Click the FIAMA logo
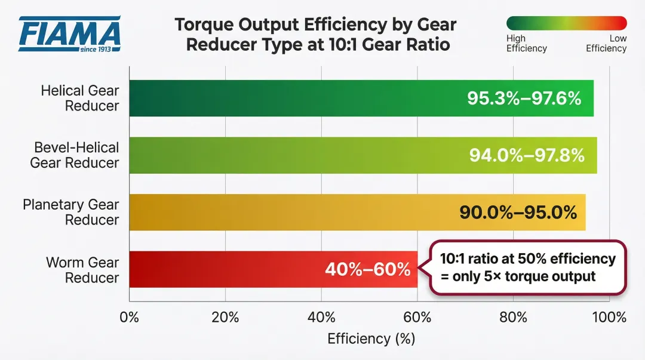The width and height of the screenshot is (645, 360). (x=69, y=33)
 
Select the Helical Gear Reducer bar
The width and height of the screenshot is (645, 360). (x=299, y=99)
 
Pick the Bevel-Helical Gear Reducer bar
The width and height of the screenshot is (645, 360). (x=299, y=155)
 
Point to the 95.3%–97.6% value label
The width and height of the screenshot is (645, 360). (x=524, y=99)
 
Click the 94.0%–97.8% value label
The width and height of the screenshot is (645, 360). (x=526, y=155)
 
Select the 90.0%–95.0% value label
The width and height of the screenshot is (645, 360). (x=518, y=212)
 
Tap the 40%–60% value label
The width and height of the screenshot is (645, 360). (x=367, y=269)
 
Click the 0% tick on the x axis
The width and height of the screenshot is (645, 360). (x=130, y=317)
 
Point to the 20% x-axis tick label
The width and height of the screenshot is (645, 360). (x=225, y=317)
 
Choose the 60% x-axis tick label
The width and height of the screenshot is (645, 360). (x=417, y=317)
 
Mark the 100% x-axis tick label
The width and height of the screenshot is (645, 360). (x=609, y=317)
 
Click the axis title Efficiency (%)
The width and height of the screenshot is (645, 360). (x=370, y=339)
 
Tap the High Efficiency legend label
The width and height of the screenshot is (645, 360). (x=526, y=44)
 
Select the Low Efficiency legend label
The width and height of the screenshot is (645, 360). (x=607, y=44)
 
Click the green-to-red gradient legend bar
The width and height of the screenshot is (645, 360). (x=566, y=23)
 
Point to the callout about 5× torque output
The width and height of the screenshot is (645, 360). (x=527, y=267)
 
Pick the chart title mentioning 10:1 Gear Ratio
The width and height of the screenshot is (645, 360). (x=315, y=35)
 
